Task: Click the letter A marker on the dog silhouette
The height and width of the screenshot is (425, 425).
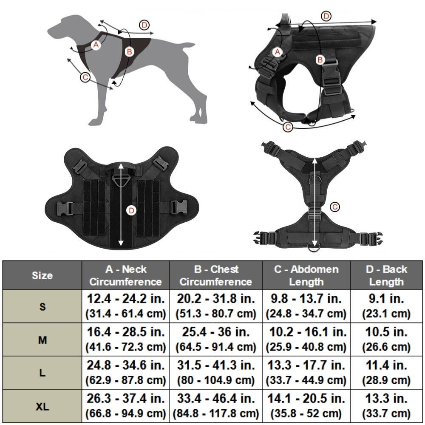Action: (x=96, y=45)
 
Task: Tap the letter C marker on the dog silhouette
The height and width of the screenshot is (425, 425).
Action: (x=85, y=77)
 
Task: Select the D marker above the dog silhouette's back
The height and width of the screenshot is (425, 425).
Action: (x=145, y=25)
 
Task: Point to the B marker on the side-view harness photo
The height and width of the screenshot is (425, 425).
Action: (x=320, y=60)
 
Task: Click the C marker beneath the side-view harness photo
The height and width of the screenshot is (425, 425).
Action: (x=288, y=127)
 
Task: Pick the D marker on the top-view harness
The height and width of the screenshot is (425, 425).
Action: (x=132, y=210)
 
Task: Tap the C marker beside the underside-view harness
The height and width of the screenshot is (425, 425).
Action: (x=335, y=207)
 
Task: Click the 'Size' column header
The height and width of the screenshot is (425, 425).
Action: (x=42, y=275)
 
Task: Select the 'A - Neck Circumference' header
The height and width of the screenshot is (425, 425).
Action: (x=126, y=275)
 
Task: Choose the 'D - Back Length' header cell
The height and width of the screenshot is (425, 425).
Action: (x=386, y=275)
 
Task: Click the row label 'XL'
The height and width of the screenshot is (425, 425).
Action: (x=42, y=407)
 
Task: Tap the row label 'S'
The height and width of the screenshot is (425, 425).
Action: (x=42, y=306)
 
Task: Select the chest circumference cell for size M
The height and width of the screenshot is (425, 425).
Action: (x=215, y=339)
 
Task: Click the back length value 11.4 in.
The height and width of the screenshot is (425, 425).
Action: (x=386, y=365)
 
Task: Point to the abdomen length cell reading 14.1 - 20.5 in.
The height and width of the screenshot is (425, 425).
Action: (x=306, y=399)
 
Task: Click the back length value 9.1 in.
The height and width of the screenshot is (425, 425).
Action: (x=386, y=298)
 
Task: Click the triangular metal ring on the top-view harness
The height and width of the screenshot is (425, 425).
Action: (x=120, y=182)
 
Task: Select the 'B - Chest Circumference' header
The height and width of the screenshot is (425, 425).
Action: (x=215, y=275)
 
